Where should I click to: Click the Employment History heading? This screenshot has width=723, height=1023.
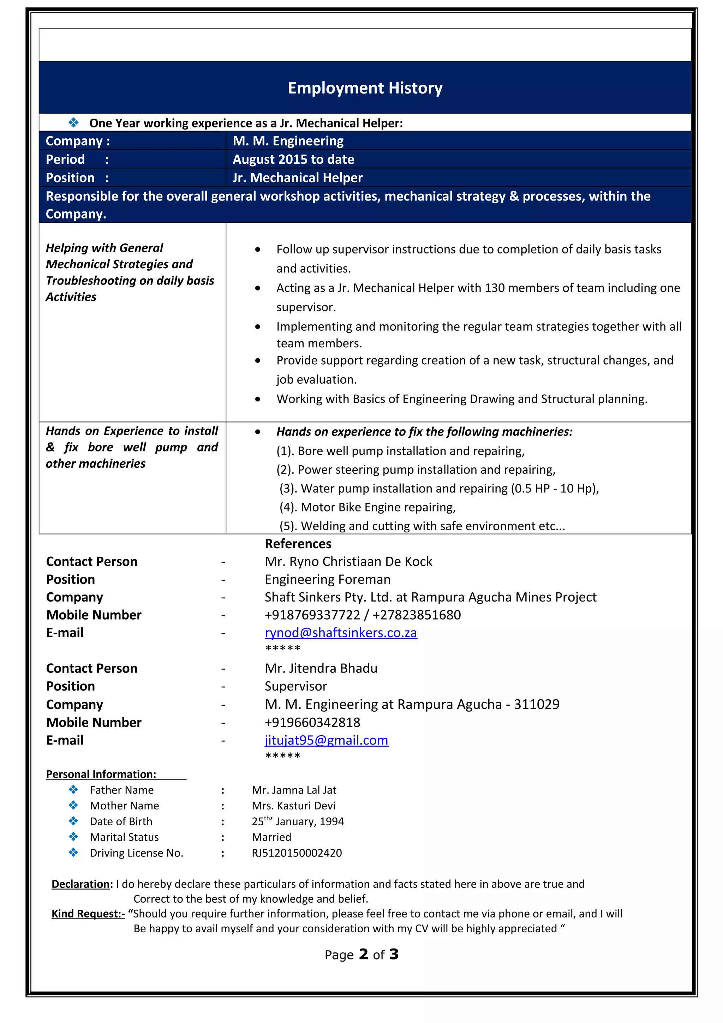[x=365, y=88]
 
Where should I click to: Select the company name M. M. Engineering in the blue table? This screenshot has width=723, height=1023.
[x=288, y=141]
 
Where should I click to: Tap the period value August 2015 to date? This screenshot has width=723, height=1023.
[x=293, y=159]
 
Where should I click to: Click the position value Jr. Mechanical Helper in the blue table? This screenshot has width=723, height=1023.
[x=297, y=178]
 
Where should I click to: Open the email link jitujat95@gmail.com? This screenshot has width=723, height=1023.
[x=326, y=740]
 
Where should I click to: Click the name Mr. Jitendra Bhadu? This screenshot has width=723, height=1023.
[x=321, y=668]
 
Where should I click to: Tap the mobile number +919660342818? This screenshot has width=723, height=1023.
[x=312, y=722]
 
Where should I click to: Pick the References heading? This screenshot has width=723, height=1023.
[x=298, y=544]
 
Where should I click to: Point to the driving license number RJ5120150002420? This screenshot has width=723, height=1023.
[x=297, y=853]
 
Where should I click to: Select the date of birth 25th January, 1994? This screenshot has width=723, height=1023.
[x=298, y=821]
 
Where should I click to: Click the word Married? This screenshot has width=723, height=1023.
[x=271, y=837]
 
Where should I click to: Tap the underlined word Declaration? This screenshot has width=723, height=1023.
[x=82, y=884]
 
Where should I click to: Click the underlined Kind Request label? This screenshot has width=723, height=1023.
[x=88, y=914]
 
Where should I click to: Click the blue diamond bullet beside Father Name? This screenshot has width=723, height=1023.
[x=73, y=790]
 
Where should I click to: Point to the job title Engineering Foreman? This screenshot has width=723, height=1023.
[x=327, y=579]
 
